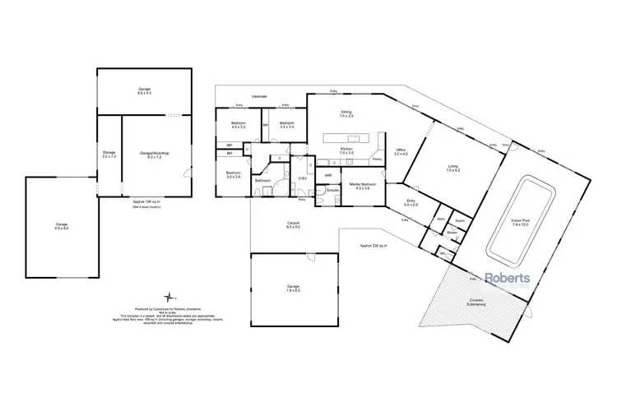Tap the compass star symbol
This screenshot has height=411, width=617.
coord(169,296)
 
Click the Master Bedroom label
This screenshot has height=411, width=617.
coord(363,186)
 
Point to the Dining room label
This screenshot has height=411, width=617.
coord(346,114)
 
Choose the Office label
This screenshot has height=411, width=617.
coord(401,152)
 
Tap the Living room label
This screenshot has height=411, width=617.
coord(452,167)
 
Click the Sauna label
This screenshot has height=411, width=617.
coord(459,219)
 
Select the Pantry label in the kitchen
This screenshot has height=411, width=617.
coord(378,159)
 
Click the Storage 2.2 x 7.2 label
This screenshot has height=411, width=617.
coord(109,154)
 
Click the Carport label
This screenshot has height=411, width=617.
coord(293,224)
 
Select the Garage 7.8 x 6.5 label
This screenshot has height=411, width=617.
coord(293,289)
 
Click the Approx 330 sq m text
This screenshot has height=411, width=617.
coord(374,245)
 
